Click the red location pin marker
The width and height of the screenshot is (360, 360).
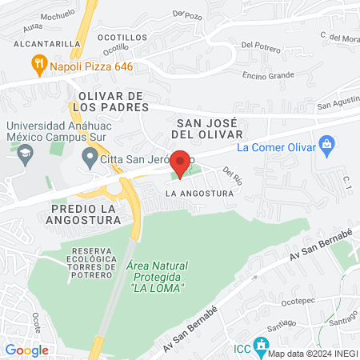coord(180,163)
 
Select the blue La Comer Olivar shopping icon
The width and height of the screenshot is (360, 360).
coord(326,145)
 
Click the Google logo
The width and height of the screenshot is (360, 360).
coord(26,350)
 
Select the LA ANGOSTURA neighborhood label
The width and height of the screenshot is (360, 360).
coord(199,194)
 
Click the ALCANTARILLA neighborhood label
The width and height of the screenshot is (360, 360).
coord(41,44)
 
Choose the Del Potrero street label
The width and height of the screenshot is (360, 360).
coord(258,46)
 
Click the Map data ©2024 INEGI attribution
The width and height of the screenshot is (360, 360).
coord(312,354)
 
